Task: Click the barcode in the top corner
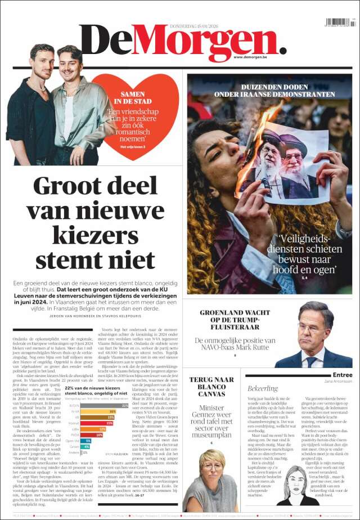(339, 23)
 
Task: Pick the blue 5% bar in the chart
(86, 441)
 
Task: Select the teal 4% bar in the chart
(85, 447)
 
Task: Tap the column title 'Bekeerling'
(263, 388)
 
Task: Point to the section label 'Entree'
(342, 375)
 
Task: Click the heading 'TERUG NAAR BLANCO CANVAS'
(208, 387)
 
